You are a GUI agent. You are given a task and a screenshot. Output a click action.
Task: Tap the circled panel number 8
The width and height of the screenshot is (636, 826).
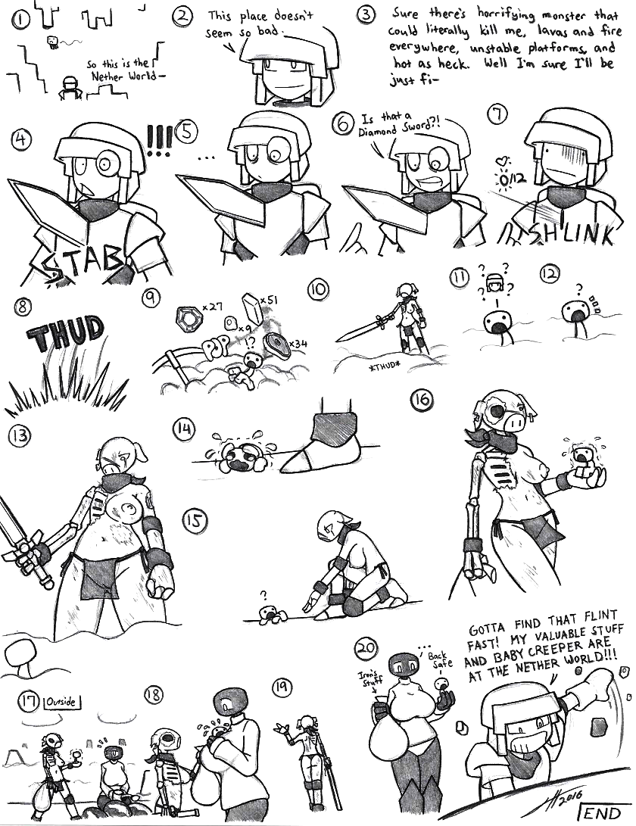click(22, 307)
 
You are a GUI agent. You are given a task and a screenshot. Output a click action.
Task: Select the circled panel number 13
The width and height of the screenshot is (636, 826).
click(20, 435)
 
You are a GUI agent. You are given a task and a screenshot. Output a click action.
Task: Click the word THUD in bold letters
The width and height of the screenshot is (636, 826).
click(64, 333)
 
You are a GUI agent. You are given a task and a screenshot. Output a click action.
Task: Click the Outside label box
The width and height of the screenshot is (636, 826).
click(61, 702)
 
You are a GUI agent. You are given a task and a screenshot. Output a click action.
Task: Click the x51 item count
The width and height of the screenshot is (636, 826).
click(269, 300)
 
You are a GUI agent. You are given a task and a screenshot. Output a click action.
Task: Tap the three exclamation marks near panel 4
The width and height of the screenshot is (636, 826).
click(159, 140)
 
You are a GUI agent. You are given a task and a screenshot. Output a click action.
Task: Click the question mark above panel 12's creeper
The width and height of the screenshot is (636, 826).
click(579, 288)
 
